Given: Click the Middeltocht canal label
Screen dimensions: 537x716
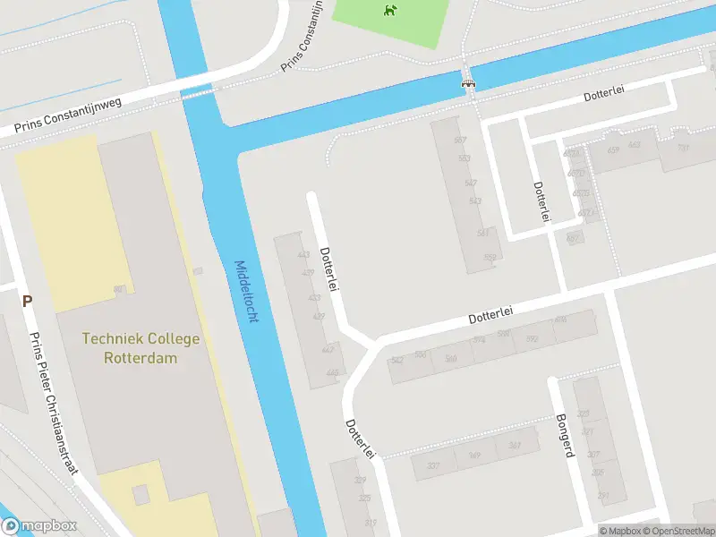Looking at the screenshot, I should point(245,292).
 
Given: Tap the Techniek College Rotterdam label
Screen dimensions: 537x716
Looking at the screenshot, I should point(141,348).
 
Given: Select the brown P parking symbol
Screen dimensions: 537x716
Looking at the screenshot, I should point(28,302).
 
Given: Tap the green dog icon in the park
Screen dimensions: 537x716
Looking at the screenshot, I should point(389,11).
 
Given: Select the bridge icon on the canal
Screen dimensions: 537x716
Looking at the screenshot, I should point(467,83).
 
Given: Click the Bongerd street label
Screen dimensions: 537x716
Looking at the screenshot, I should point(564,436).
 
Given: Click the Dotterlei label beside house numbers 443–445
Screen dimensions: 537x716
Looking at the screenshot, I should point(328,269).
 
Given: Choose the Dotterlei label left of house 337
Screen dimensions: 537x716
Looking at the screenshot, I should point(359,439).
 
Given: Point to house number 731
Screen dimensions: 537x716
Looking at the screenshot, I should point(682,149).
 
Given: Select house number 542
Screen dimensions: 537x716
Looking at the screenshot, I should point(397,360).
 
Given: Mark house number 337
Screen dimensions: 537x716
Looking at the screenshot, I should point(433,465).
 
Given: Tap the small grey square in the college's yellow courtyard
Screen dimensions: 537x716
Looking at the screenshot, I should point(141,494).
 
